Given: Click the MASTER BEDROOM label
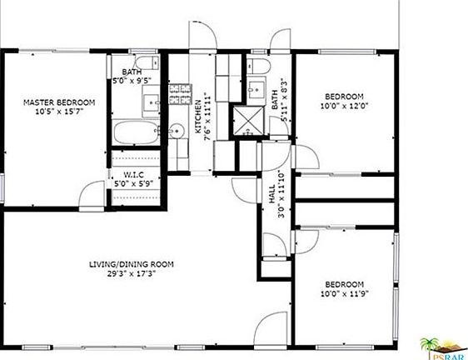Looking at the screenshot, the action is [59, 102].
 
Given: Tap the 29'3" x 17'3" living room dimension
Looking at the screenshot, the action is [132, 273].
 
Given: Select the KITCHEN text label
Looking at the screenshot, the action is [198, 117].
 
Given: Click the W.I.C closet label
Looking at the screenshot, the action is [133, 174].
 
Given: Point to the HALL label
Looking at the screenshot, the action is [272, 194].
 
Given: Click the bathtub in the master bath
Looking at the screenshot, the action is [136, 132].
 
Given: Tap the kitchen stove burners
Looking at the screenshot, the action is [180, 94].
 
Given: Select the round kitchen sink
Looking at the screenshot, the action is [175, 131].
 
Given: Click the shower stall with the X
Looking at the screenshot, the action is [248, 120].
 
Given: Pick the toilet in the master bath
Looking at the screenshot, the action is [147, 62].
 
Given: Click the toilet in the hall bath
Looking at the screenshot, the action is [259, 66].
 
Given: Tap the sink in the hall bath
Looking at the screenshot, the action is [256, 88].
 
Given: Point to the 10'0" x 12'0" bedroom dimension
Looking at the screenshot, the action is [345, 106].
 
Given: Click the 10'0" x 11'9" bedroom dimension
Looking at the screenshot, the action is [345, 293].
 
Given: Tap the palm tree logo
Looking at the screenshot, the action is [430, 347].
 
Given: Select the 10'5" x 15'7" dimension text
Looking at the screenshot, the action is [59, 112].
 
